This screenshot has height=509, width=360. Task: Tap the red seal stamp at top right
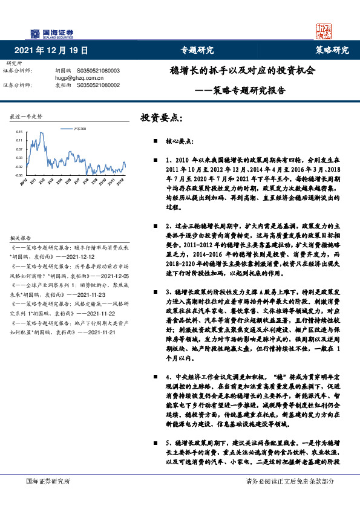[x=327, y=31]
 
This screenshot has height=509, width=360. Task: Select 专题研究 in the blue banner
[x=197, y=50]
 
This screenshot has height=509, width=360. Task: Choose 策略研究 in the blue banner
[x=332, y=50]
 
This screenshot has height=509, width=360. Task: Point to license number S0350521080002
[x=99, y=85]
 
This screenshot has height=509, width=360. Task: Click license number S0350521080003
[x=99, y=71]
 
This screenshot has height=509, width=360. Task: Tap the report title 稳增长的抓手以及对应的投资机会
[x=242, y=70]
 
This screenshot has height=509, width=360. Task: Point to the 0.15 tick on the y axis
[x=19, y=131]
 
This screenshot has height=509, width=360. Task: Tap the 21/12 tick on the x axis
[x=121, y=181]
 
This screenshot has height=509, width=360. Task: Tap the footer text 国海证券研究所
[x=48, y=481]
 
